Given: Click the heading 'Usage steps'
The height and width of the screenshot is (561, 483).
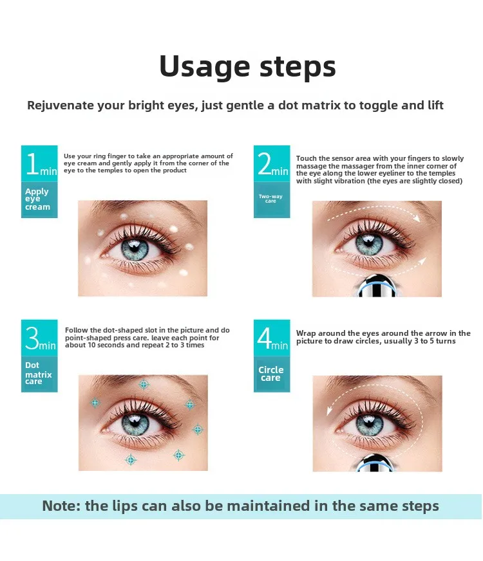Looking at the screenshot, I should [247, 66].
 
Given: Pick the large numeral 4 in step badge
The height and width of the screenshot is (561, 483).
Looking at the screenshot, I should [264, 338].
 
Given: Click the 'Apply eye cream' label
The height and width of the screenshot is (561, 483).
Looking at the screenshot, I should [37, 199].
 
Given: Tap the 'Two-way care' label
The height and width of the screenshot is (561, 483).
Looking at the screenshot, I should [270, 199].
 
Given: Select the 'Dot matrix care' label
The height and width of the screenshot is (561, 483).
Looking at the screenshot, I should [38, 373].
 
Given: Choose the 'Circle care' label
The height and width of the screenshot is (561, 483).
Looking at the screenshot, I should [271, 373].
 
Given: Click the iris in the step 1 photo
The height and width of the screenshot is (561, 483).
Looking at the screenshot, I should [135, 248].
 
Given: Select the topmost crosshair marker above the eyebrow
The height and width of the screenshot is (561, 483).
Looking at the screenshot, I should [144, 384].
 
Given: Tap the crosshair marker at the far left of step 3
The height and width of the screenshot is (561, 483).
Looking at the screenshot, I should [95, 403].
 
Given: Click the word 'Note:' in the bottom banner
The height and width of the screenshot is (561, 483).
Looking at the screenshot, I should [61, 506].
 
